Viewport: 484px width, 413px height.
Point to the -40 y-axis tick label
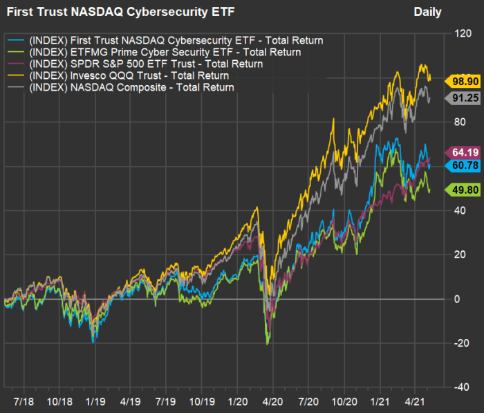pos(458,387)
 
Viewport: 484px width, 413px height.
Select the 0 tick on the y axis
pos(456,299)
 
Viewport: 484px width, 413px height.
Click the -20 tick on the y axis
pos(458,343)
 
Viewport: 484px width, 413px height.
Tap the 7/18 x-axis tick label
pos(24,401)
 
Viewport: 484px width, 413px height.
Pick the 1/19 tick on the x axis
pos(95,401)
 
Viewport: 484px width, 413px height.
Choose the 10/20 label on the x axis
pos(344,401)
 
